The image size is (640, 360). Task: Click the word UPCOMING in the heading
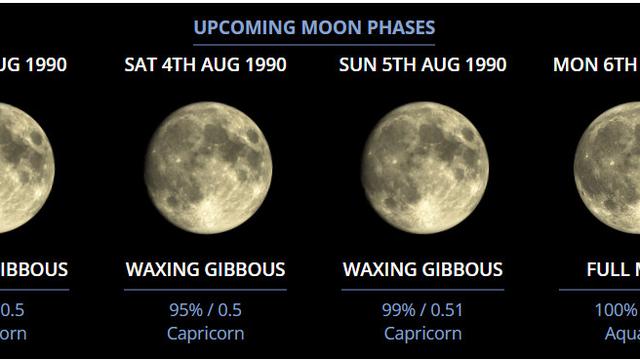(236, 27)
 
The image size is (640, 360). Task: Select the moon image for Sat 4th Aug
(207, 167)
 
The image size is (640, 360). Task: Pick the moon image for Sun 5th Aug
(424, 167)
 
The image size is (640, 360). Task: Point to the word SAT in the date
(141, 65)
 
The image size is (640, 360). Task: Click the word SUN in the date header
(358, 65)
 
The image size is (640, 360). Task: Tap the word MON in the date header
(573, 65)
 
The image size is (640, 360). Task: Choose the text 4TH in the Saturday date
(180, 65)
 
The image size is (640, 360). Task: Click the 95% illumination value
(185, 309)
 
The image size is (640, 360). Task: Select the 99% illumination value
(398, 309)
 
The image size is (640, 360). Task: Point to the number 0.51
(445, 309)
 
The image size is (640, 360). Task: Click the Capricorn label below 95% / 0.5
(205, 333)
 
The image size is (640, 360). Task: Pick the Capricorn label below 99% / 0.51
(423, 333)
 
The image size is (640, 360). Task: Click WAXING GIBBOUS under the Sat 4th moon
(205, 270)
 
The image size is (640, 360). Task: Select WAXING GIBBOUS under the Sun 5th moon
(423, 270)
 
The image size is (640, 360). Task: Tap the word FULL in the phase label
(606, 270)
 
